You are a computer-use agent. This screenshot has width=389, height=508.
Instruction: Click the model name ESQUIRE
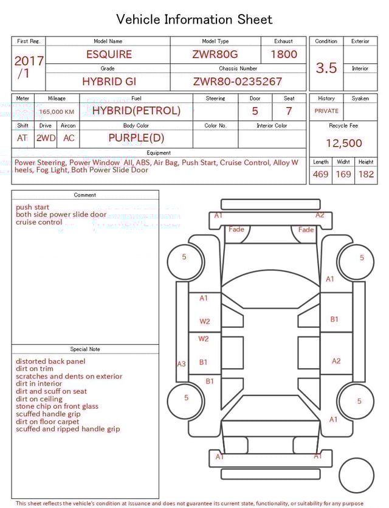coord(109,54)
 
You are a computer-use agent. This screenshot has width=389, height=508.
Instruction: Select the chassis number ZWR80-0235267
coord(238,82)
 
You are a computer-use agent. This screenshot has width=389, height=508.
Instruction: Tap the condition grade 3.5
coord(326,68)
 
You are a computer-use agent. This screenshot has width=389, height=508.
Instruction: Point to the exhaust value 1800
coord(284,54)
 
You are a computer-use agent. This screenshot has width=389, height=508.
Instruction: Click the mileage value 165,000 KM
coord(57,112)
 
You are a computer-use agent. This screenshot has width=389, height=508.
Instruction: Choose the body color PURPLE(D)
coord(136,137)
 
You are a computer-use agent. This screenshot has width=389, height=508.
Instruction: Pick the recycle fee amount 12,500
coord(344,144)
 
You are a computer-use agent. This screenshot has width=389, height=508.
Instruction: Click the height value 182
coord(366,174)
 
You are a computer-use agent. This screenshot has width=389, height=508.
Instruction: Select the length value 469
coord(320,174)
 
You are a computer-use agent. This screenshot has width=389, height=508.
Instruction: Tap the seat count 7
coord(289,111)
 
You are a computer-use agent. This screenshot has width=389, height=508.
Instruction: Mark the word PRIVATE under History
coord(326,111)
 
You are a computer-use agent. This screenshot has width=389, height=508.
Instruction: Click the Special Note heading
coord(85,349)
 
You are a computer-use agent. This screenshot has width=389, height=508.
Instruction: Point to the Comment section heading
coord(85,195)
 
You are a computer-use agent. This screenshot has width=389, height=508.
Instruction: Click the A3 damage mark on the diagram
coord(181,364)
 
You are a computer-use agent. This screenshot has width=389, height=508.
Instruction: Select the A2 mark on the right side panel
coord(336,361)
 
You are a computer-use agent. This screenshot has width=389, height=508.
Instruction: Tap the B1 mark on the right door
coord(334,319)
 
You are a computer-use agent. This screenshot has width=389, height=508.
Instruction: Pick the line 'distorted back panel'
coord(50,361)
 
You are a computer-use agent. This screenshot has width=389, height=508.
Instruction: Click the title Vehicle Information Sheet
coord(194,19)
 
